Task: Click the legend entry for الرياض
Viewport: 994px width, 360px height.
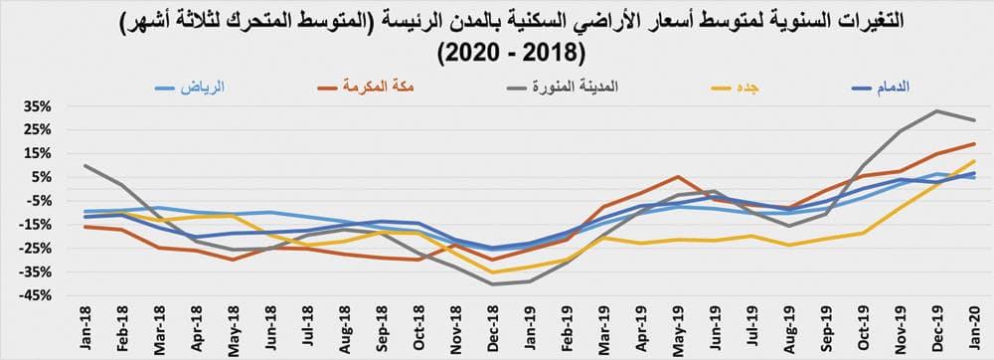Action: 188,87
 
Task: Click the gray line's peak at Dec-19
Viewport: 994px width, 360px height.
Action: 936,110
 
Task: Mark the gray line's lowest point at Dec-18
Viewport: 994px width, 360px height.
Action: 492,284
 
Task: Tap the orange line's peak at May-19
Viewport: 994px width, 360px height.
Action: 676,177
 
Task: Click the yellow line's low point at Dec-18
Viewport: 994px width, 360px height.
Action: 492,272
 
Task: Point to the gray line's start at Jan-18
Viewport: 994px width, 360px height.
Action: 86,166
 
